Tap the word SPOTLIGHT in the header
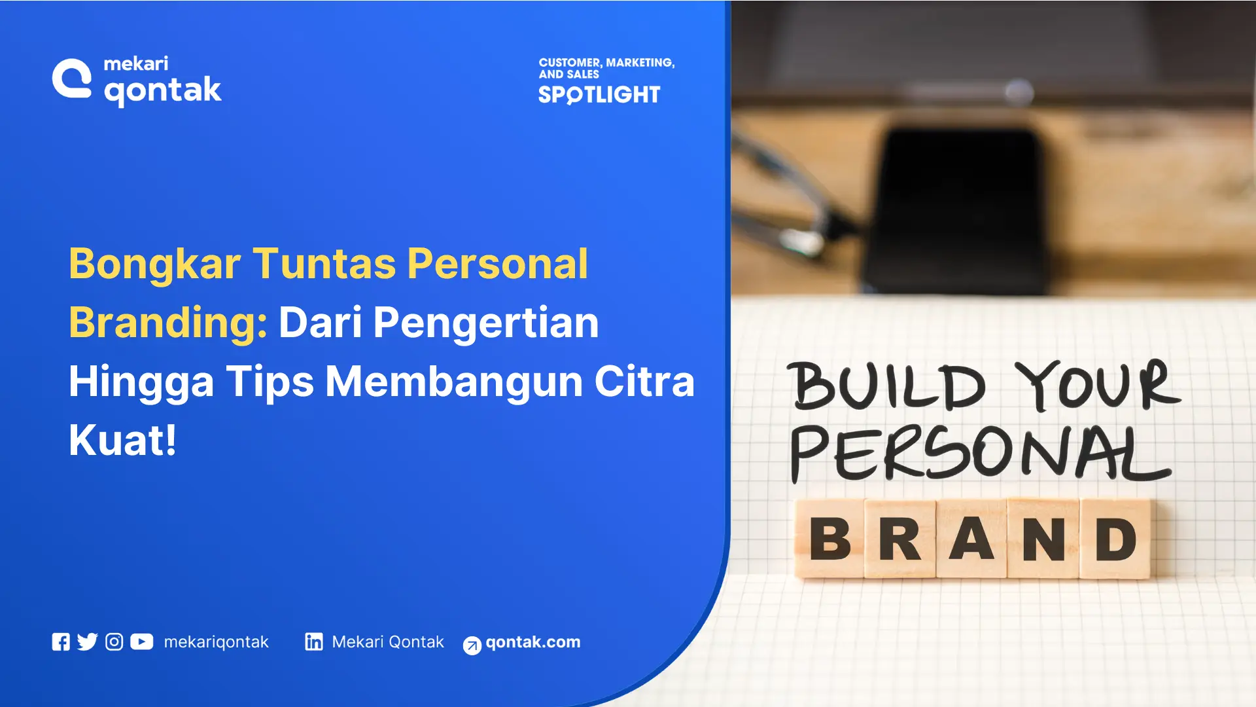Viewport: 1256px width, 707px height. click(x=599, y=95)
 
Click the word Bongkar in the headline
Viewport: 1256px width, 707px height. click(x=155, y=264)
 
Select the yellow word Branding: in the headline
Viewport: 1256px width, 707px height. click(x=168, y=323)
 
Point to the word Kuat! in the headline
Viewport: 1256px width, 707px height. click(x=122, y=440)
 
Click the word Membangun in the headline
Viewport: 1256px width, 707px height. click(x=454, y=382)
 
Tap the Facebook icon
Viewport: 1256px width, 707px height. click(x=61, y=642)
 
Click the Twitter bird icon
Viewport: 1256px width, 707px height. click(x=87, y=642)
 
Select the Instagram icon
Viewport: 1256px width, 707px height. click(x=114, y=642)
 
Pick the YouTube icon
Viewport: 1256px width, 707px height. click(x=141, y=642)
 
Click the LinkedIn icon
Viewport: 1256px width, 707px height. click(x=314, y=642)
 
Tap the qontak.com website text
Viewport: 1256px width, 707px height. click(x=532, y=642)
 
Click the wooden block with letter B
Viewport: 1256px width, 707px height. click(x=830, y=539)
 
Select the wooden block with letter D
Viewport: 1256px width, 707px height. click(x=1115, y=539)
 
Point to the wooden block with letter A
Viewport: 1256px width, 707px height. click(x=972, y=539)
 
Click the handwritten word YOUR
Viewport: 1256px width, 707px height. click(x=1098, y=386)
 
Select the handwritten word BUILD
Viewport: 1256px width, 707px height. click(x=887, y=386)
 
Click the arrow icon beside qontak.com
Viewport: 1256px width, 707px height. click(x=472, y=645)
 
